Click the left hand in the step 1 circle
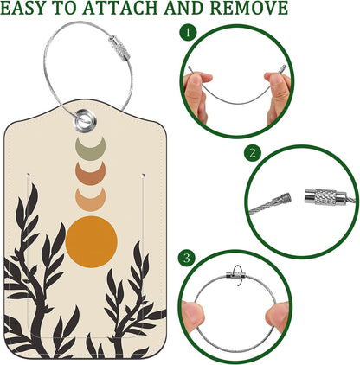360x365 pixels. click(199, 91)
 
